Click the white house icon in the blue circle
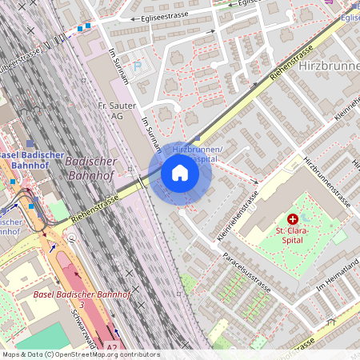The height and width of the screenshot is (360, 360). (180, 173)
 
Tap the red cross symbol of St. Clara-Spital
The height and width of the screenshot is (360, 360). (292, 218)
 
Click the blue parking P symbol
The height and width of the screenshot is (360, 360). (137, 67)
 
